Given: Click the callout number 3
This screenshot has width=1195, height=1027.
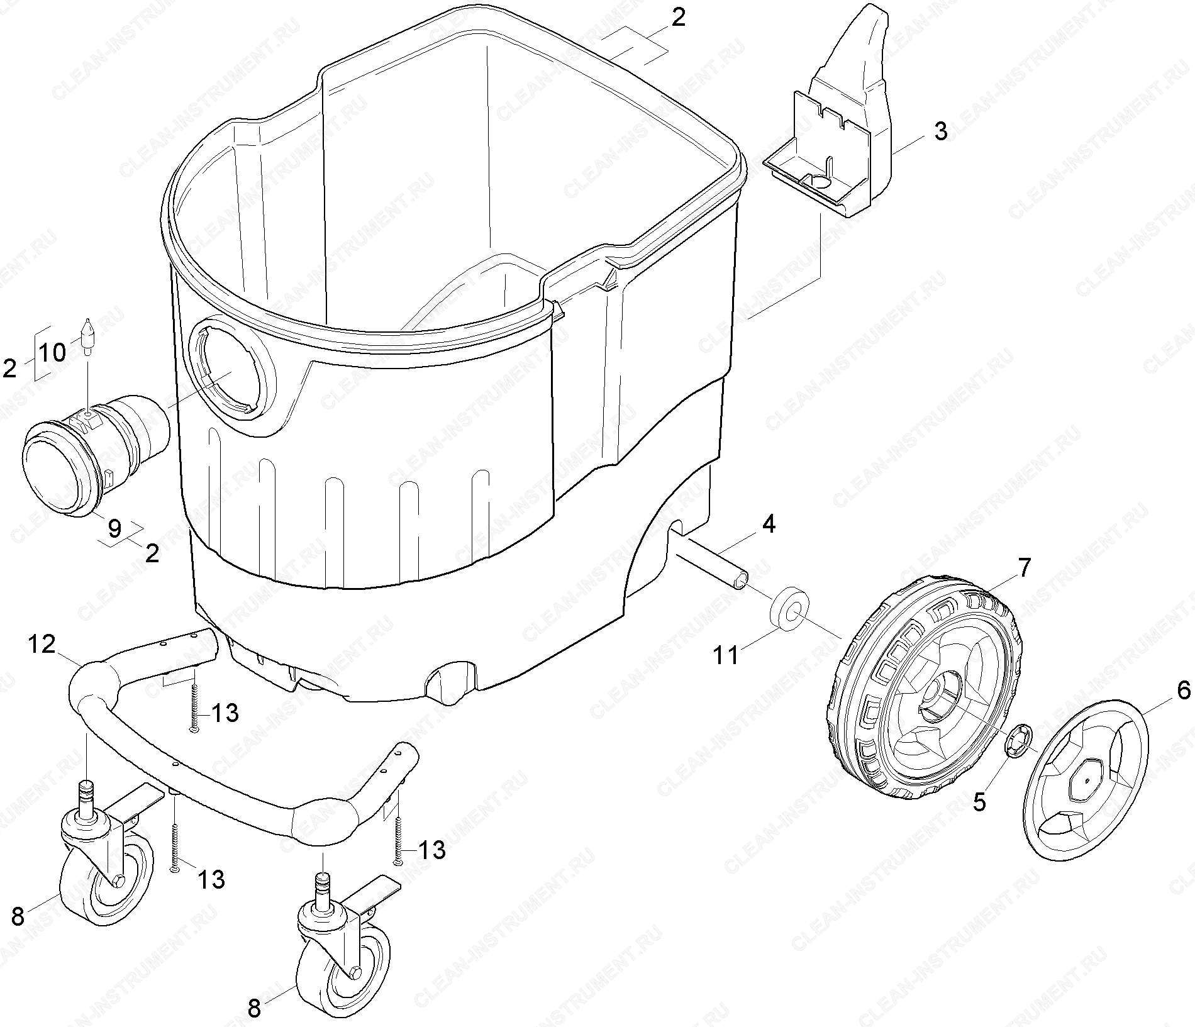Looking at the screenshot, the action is [940, 133].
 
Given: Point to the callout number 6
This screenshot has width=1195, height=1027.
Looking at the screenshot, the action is [1183, 691].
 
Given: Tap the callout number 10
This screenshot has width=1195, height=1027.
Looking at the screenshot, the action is [53, 353].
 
